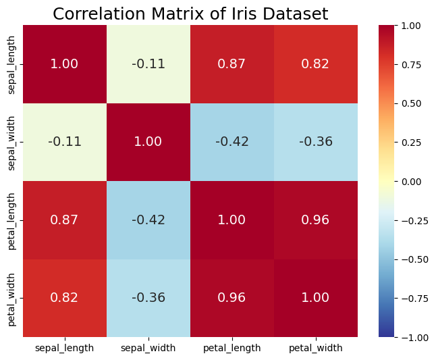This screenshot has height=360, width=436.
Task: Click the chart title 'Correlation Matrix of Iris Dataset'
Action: [190, 14]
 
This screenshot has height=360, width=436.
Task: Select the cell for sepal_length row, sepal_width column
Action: [148, 64]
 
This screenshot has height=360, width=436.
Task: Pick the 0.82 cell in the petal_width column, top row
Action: [316, 64]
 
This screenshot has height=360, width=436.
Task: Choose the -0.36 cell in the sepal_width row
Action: [316, 142]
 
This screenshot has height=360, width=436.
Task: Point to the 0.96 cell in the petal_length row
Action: [316, 220]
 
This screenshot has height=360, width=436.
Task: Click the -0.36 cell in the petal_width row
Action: [148, 298]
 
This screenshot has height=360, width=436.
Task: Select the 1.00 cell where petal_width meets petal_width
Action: [316, 298]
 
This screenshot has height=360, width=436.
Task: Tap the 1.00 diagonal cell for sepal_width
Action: [148, 142]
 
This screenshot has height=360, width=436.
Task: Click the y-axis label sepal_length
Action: [11, 64]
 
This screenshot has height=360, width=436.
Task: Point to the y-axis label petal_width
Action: [11, 298]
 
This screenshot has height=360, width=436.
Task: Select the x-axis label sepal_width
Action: [148, 349]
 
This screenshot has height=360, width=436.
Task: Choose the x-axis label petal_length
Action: [232, 349]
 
